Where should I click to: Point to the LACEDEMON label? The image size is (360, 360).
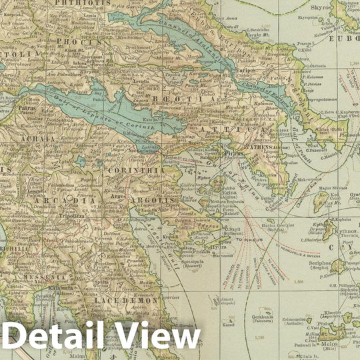pyautogui.click(x=127, y=301)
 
